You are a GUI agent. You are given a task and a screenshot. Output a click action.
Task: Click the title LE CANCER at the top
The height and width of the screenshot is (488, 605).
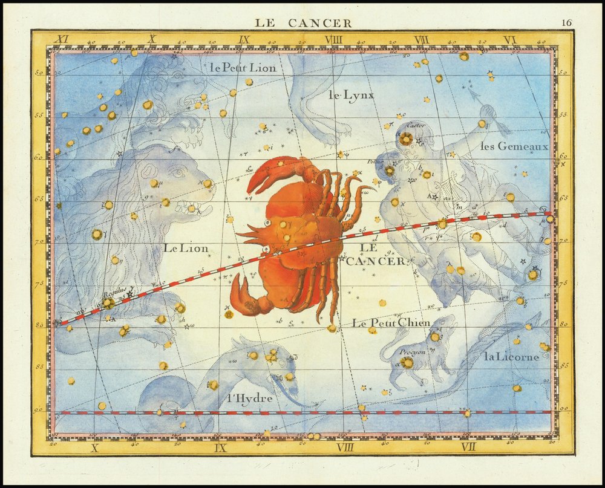point(302,23)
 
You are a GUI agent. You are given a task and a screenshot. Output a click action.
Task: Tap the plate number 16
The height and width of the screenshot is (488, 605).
point(566,23)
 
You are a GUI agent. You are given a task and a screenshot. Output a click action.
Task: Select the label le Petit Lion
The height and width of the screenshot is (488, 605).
point(243,68)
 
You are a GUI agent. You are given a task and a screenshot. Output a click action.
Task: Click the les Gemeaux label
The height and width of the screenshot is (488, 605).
point(514,146)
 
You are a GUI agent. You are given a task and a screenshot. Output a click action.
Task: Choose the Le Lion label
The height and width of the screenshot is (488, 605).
point(185,248)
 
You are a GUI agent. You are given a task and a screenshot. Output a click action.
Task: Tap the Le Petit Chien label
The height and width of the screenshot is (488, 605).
point(391,322)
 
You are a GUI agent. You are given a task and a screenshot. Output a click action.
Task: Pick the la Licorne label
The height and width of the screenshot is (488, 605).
point(511,356)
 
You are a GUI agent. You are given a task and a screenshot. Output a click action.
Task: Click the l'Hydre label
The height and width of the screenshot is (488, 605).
point(250,399)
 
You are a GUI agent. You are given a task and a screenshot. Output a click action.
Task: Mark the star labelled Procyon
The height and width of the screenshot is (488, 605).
point(407,362)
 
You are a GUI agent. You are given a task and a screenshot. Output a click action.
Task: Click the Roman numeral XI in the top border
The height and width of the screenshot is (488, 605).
point(60,40)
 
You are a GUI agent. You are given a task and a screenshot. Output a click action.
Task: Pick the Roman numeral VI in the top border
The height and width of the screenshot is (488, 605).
point(509,40)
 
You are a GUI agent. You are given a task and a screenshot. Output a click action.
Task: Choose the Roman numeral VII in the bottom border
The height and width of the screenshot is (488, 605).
point(468,447)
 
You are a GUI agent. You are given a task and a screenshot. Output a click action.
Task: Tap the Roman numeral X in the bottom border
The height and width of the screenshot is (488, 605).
point(94,447)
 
